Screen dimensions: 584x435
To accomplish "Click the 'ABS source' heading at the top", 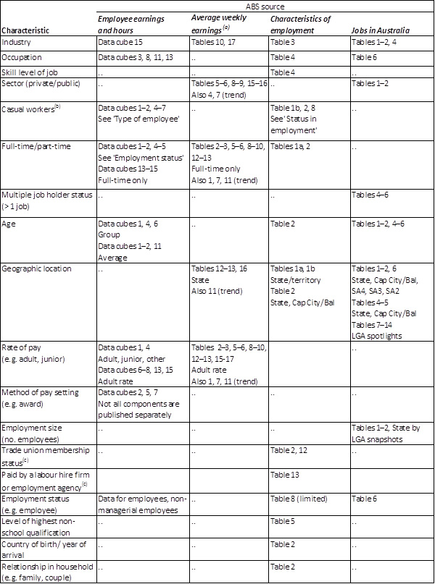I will coord(265,6).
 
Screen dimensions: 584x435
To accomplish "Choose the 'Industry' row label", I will coord(17,43).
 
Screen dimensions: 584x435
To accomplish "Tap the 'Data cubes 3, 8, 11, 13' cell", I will coord(138,57).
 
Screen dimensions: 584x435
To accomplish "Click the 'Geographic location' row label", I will coord(36,268).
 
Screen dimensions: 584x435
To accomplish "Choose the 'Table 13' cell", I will coord(284,475).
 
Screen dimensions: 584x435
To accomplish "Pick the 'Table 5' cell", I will coord(282,520).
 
